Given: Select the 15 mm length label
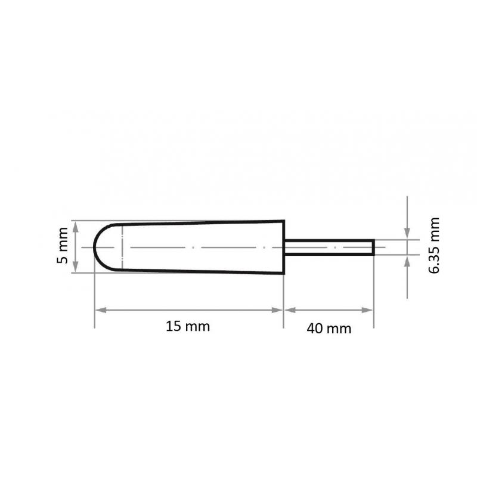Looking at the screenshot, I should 188,326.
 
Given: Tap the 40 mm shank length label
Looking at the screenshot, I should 329,327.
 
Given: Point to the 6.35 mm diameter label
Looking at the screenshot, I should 434,245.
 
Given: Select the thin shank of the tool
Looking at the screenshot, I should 328,247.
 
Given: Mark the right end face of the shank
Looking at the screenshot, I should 374,247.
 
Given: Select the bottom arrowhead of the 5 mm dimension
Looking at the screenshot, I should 75,268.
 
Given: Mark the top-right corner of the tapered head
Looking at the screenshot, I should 283,221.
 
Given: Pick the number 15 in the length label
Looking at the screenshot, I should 173,326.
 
